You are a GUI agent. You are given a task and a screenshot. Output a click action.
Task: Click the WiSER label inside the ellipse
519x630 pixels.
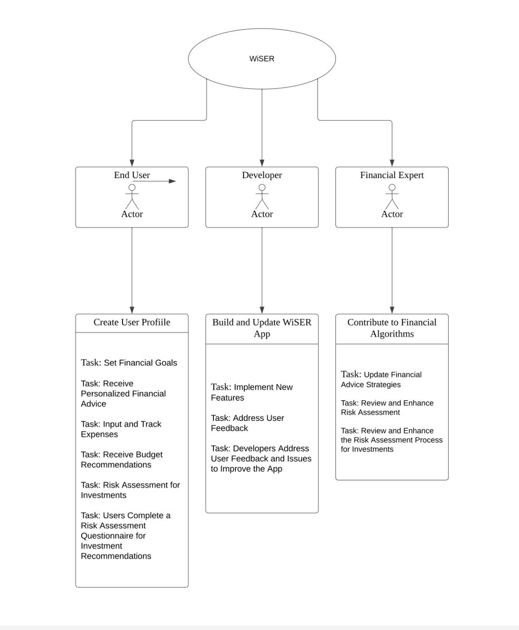(x=261, y=59)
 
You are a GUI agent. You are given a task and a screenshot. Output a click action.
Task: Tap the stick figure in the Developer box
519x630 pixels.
(x=262, y=197)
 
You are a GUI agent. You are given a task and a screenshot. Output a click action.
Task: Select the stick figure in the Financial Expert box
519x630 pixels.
(x=392, y=197)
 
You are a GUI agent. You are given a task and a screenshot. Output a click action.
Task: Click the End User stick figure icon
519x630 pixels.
(x=132, y=197)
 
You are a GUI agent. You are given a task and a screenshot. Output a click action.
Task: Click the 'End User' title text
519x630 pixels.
(x=132, y=175)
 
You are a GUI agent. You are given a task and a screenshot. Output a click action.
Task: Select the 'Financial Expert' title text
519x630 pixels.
(x=392, y=175)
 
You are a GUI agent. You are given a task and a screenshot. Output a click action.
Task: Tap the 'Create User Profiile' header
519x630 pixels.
(x=132, y=322)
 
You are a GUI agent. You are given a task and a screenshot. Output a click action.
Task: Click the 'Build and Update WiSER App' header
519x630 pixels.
(x=262, y=328)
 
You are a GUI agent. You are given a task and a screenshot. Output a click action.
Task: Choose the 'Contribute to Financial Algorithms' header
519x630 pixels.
(x=392, y=328)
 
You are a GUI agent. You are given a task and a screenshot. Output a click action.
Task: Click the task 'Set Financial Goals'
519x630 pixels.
(x=129, y=363)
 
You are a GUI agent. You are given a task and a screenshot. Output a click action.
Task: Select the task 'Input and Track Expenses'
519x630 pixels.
(x=121, y=429)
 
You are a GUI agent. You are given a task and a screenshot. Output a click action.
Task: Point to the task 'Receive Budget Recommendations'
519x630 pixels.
(x=122, y=460)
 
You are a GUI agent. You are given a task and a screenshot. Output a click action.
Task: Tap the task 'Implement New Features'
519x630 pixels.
(x=251, y=392)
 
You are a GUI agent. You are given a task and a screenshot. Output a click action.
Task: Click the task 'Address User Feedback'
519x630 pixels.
(x=247, y=423)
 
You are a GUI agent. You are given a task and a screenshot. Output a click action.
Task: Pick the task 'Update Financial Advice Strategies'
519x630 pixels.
(x=381, y=379)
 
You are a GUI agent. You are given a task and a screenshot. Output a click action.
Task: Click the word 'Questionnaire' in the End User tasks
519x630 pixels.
(x=113, y=535)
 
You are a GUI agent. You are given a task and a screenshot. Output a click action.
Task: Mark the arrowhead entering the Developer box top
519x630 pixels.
(x=262, y=163)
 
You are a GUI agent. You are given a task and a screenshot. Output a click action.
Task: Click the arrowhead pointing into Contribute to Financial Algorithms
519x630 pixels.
(x=392, y=310)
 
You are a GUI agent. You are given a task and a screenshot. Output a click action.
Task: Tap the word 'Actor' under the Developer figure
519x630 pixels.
(x=262, y=214)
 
